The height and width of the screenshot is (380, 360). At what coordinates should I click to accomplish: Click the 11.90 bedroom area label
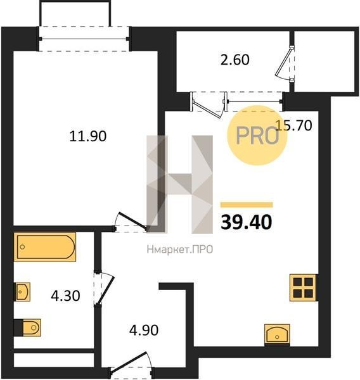click(88, 136)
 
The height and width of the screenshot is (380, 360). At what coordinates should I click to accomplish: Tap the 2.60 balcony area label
click(235, 60)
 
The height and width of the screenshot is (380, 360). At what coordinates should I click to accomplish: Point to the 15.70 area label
click(294, 125)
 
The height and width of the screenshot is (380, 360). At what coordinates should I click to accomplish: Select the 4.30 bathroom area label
click(65, 296)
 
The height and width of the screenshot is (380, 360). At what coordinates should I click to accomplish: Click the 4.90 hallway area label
click(144, 330)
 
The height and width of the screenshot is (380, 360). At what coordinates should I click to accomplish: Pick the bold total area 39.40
click(246, 222)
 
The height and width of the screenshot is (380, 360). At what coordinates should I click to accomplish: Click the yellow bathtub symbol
click(45, 247)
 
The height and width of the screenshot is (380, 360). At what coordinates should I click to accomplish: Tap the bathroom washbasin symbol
click(22, 292)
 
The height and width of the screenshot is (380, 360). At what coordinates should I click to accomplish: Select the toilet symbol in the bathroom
click(27, 327)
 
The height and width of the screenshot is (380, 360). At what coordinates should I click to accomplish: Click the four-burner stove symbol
click(304, 288)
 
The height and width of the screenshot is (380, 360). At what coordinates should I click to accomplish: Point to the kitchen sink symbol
click(277, 334)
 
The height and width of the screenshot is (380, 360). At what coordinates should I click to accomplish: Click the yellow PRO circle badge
click(257, 136)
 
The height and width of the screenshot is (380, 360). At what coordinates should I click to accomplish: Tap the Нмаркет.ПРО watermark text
click(180, 250)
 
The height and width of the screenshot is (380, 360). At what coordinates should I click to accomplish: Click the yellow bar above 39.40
click(247, 205)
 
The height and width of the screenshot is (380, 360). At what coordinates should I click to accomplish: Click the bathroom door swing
click(104, 288)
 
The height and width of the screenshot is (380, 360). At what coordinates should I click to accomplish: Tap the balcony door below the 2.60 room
click(209, 105)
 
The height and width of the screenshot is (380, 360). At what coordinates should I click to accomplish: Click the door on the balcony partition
click(285, 63)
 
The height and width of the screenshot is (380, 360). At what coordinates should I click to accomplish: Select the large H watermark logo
click(180, 184)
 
